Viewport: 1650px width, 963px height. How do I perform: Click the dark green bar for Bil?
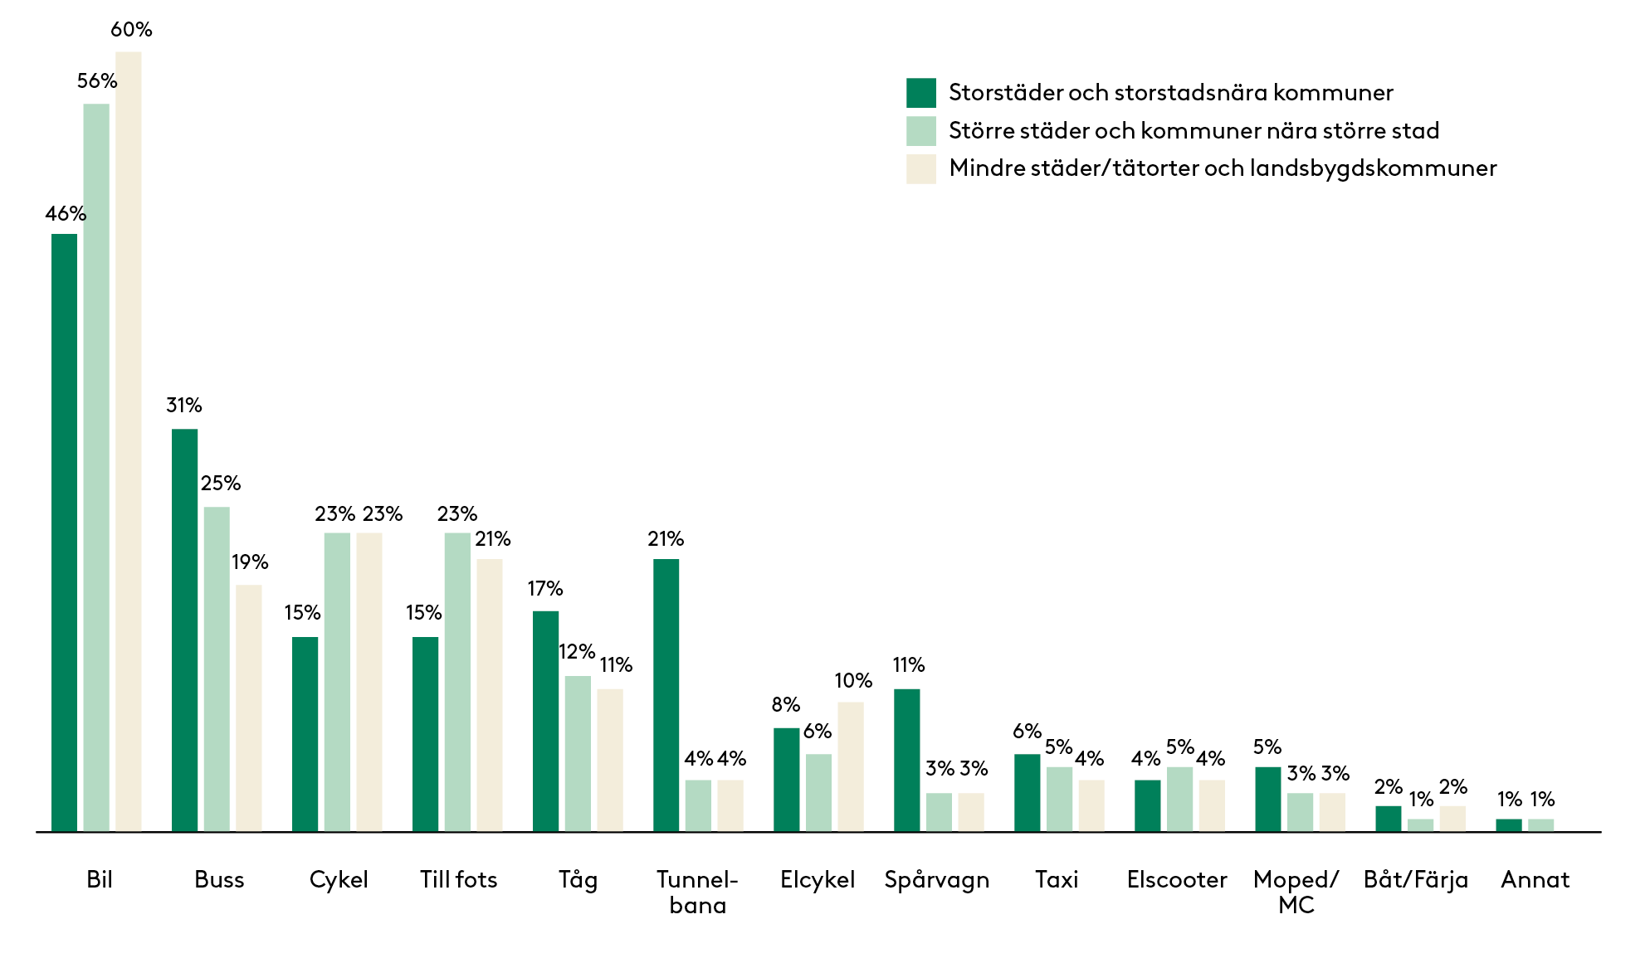(64, 533)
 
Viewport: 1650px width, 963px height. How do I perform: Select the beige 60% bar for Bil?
(129, 441)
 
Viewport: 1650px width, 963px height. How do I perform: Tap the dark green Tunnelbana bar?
(666, 695)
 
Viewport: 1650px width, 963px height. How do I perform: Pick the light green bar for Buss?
(217, 669)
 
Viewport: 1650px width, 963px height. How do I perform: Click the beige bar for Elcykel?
(851, 766)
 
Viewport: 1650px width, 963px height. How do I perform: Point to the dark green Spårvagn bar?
(906, 760)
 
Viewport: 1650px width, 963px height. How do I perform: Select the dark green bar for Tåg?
(545, 721)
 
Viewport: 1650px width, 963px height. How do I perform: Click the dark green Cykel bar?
(305, 734)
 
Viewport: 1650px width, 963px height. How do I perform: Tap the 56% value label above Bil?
(97, 81)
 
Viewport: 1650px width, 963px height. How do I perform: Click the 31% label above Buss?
(184, 406)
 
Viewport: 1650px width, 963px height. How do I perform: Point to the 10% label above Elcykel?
(853, 681)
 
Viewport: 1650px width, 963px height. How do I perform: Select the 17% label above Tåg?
(545, 589)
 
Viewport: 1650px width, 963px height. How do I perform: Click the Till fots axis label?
(458, 879)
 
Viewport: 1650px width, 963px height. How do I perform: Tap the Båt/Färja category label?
(1415, 879)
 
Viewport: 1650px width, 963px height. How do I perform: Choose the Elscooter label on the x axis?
(1176, 879)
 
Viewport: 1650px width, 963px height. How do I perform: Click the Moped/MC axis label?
(1296, 892)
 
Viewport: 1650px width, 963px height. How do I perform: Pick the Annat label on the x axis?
(1535, 879)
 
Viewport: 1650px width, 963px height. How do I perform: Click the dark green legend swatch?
(920, 93)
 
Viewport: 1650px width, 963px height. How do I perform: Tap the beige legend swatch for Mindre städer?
(920, 168)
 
